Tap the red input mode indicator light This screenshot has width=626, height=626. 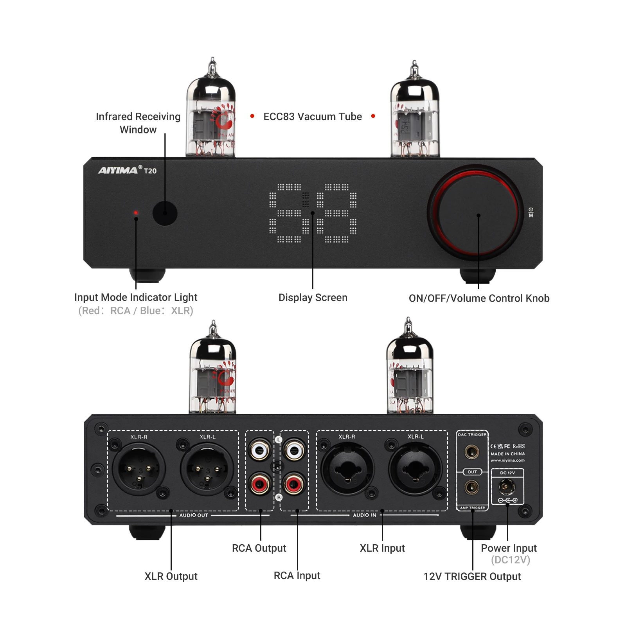click(136, 213)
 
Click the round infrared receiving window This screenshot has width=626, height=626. click(165, 213)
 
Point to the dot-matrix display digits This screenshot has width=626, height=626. click(313, 213)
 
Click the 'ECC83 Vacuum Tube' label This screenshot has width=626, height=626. click(313, 117)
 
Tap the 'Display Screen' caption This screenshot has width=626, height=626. click(313, 298)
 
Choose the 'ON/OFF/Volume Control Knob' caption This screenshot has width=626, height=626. click(479, 299)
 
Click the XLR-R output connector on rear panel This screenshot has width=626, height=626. click(139, 469)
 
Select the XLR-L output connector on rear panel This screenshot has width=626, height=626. click(207, 469)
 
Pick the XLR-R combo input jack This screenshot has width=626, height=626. click(347, 469)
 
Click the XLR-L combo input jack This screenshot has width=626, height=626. click(416, 469)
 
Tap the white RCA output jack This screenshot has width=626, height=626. click(259, 451)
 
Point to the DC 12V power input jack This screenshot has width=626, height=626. click(506, 487)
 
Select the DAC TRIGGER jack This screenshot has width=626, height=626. click(471, 452)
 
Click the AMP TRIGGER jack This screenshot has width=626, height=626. click(471, 487)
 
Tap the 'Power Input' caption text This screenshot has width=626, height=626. click(509, 548)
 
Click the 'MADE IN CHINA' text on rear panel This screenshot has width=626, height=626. click(507, 454)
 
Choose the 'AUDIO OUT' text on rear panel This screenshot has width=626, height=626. click(194, 515)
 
